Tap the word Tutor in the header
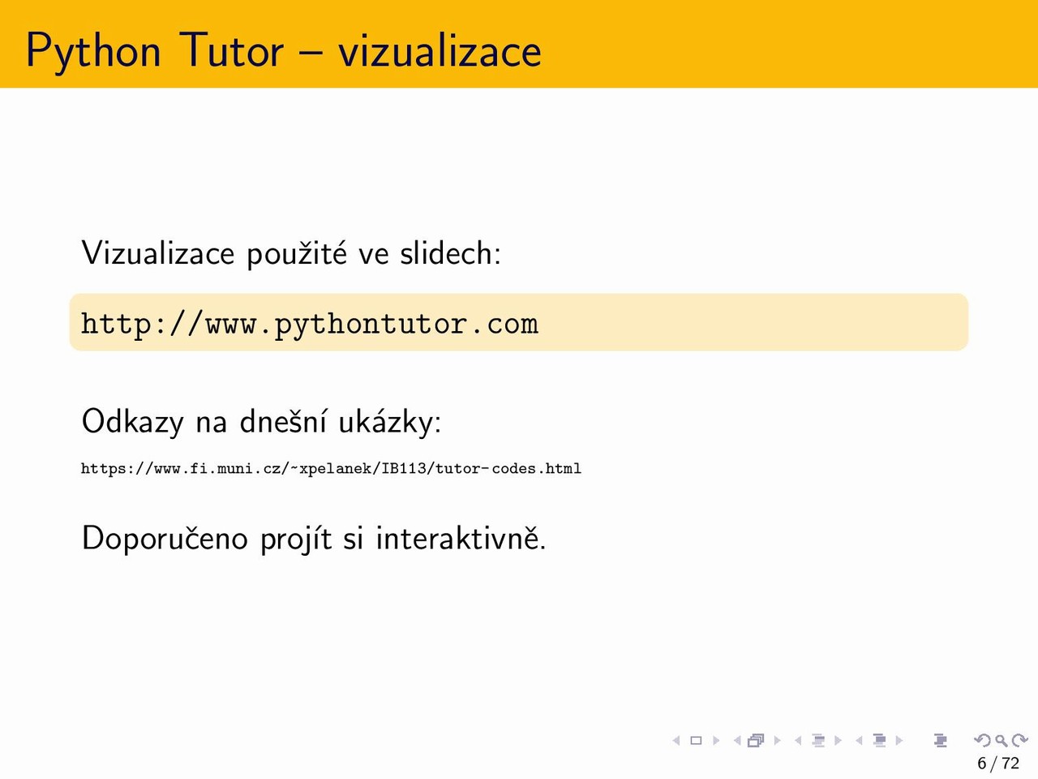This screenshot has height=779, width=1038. pos(231,50)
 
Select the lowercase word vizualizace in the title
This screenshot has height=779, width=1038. pos(440,50)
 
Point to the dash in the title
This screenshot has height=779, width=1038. pos(311,53)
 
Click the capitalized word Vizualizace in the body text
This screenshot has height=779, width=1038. pos(158,253)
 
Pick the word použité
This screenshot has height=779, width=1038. pos(297,255)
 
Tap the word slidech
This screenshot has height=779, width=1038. pos(450,253)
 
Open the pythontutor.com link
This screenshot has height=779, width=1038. pos(310,325)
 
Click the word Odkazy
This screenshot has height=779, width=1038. pos(132,422)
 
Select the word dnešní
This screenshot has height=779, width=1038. pos(283,421)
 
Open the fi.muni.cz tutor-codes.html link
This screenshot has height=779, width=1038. pos(331,469)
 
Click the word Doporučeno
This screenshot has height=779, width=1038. pos(165,538)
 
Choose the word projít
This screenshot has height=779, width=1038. pos(296,539)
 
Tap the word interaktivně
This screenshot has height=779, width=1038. pos(461,537)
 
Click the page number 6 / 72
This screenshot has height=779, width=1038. pos(997,763)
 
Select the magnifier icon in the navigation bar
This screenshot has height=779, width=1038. pos(1001,740)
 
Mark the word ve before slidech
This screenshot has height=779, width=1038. pos(374,256)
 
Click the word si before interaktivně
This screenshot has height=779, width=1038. pos(354,538)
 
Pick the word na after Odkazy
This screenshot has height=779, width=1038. pos(212,424)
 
